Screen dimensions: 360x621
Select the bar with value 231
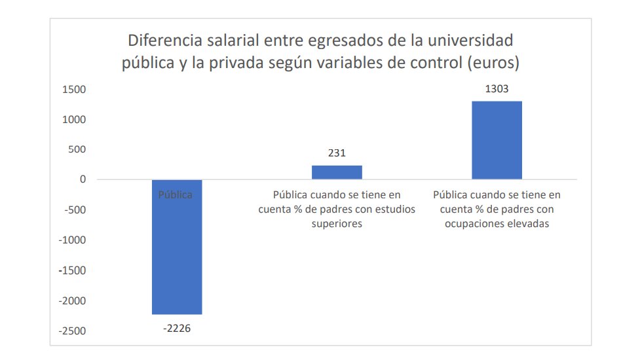(x=337, y=172)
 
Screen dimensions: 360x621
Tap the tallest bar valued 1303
(x=497, y=140)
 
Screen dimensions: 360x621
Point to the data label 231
(x=337, y=154)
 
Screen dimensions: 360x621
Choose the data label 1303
(x=497, y=89)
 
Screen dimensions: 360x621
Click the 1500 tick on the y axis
(x=74, y=90)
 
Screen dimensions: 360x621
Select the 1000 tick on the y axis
(x=74, y=120)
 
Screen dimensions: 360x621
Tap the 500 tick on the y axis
(x=77, y=150)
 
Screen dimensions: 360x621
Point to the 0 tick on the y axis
(x=82, y=180)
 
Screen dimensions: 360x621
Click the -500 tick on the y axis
(x=75, y=210)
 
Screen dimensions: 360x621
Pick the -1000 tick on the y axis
(x=73, y=240)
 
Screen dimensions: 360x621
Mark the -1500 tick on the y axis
(x=73, y=270)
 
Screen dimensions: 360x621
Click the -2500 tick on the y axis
(x=73, y=331)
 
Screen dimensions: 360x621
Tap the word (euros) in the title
(x=497, y=63)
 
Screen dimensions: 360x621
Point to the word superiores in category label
(x=337, y=224)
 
